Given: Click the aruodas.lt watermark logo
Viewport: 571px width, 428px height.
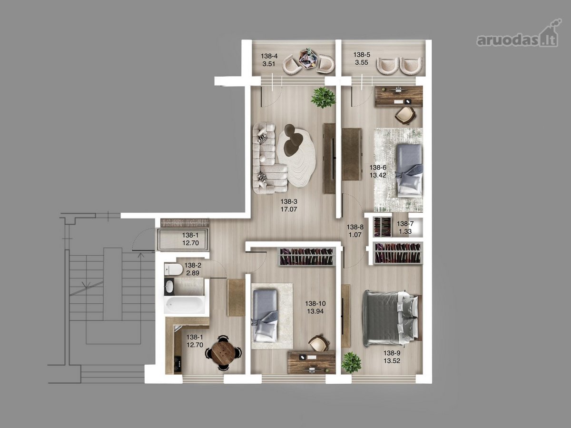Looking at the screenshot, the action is point(517,37).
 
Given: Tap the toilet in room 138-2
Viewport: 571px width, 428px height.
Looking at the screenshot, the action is point(173,269).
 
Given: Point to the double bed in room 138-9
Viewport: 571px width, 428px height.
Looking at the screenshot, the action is point(392,319).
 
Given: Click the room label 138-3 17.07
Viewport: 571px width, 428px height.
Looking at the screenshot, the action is point(289,205).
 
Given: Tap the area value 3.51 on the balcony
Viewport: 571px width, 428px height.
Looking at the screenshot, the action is point(269,64).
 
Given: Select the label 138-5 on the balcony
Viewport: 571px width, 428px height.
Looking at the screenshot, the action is point(362,55).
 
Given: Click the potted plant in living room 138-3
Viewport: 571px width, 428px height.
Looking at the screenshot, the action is point(323,97).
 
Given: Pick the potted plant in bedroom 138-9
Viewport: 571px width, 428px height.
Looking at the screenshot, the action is point(352,362).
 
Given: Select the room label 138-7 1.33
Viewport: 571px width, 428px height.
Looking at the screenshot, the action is point(405,228).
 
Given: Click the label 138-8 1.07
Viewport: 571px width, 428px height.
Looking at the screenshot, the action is point(355,231).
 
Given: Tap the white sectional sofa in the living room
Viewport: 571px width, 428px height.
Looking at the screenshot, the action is point(270,158).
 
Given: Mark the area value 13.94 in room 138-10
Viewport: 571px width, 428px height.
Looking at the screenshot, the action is point(315,311).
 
